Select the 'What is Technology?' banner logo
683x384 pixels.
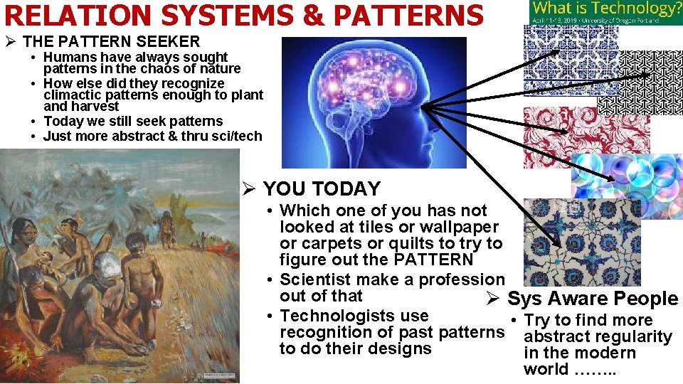pos(605,12)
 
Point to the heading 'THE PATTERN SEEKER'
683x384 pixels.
pos(112,42)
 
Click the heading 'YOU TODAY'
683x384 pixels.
pos(322,189)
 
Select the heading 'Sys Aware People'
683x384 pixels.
pos(593,299)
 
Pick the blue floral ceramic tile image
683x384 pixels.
pos(582,242)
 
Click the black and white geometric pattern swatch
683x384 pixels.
pos(640,82)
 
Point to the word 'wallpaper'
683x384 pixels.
pos(460,227)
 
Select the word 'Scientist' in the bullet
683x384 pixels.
pos(317,279)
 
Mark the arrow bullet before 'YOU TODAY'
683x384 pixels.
pos(248,189)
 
